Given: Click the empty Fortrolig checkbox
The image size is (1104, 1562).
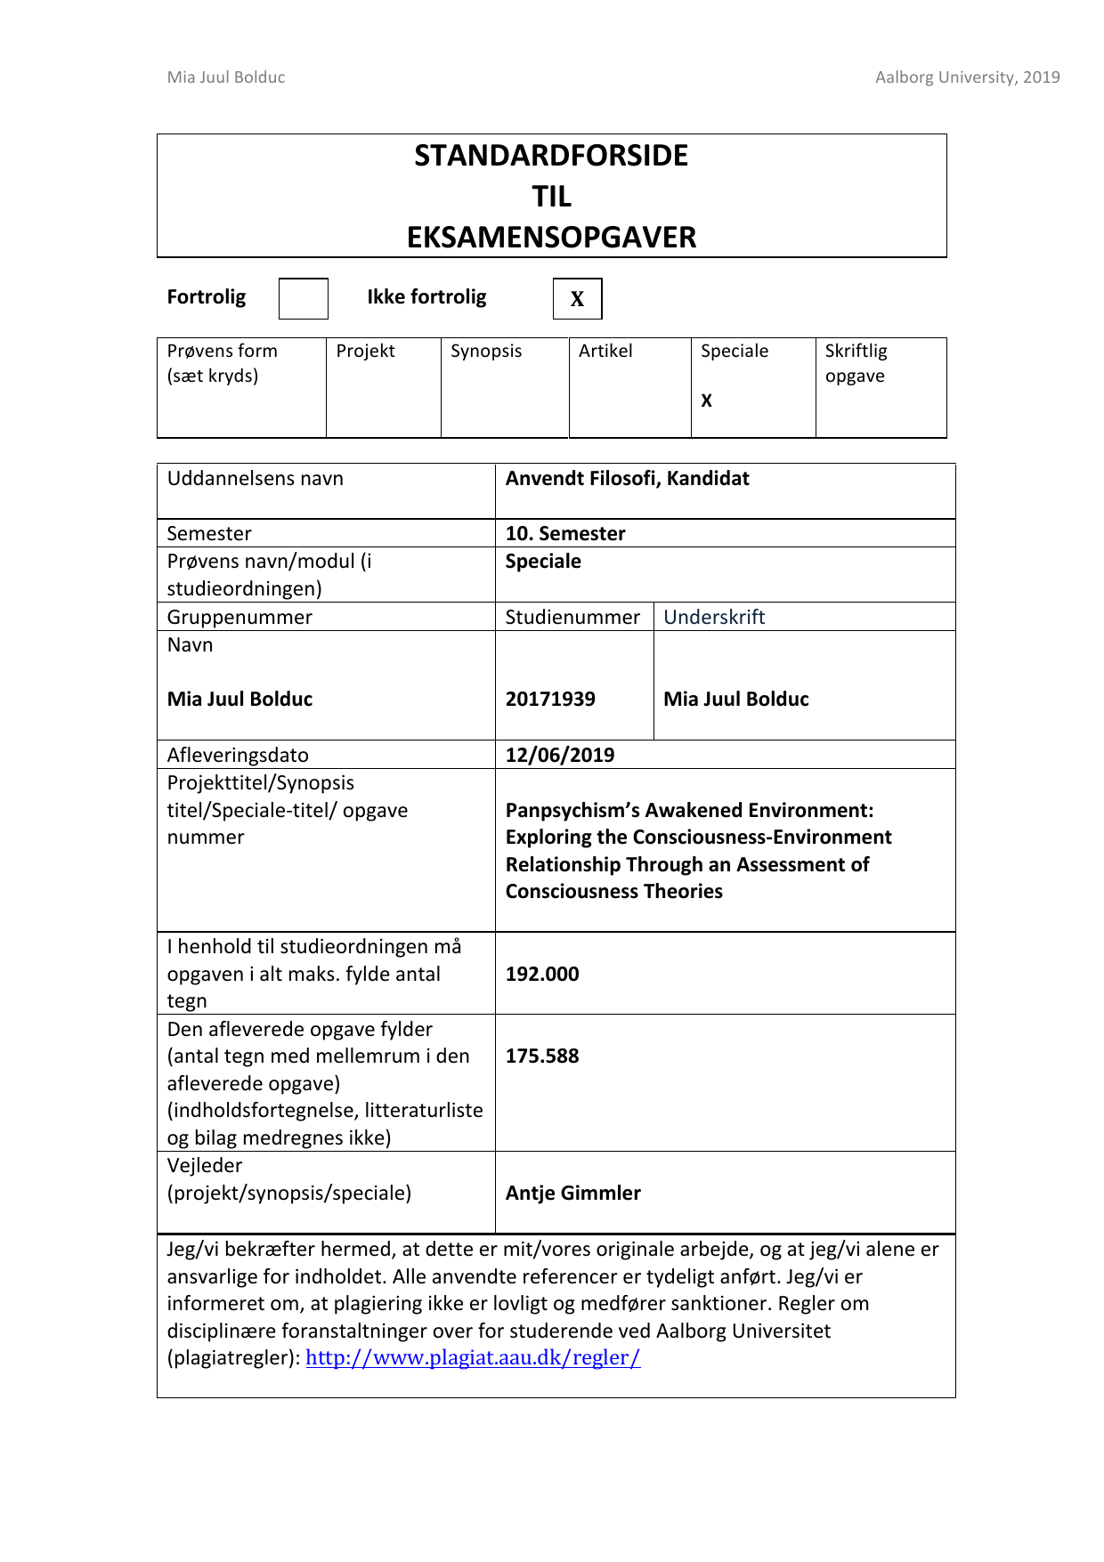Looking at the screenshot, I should pyautogui.click(x=303, y=298).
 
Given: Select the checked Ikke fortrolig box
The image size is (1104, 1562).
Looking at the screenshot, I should pyautogui.click(x=577, y=299).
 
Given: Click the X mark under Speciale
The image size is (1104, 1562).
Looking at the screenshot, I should pyautogui.click(x=706, y=401).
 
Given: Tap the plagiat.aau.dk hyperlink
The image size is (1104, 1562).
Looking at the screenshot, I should pyautogui.click(x=473, y=1357).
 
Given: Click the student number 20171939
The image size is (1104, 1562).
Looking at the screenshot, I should pyautogui.click(x=550, y=699).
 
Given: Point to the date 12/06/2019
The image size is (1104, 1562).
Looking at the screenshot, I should pyautogui.click(x=560, y=755).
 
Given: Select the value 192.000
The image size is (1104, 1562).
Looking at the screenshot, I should pyautogui.click(x=542, y=974).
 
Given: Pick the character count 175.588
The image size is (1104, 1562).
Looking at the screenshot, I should pyautogui.click(x=542, y=1056).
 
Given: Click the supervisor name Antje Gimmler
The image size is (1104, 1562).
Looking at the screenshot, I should pyautogui.click(x=573, y=1193).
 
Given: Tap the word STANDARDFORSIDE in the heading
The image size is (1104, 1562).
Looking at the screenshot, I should pyautogui.click(x=551, y=156).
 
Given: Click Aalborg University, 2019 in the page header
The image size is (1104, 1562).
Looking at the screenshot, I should pyautogui.click(x=967, y=77).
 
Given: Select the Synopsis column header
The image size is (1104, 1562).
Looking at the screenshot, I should pyautogui.click(x=486, y=351).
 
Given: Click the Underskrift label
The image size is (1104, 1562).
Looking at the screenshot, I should pyautogui.click(x=714, y=617).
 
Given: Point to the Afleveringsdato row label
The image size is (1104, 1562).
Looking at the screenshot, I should pyautogui.click(x=238, y=755).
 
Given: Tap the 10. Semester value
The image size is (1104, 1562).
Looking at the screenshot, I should pyautogui.click(x=565, y=533).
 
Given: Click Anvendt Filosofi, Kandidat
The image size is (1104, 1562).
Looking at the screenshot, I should pyautogui.click(x=627, y=478).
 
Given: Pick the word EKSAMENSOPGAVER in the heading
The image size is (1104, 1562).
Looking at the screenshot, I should pyautogui.click(x=551, y=238).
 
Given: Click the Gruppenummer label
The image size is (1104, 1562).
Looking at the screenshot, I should pyautogui.click(x=239, y=617).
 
